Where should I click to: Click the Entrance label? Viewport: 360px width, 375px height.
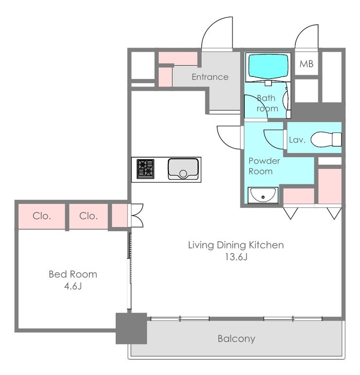coord(210,77)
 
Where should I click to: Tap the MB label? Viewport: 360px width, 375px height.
coord(306,64)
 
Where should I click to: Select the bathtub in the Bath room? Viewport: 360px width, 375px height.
coord(268,65)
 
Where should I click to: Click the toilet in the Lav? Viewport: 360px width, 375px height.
coord(326,139)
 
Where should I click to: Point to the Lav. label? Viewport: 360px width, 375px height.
coord(297,140)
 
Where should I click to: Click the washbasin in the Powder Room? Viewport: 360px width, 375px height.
coord(263,195)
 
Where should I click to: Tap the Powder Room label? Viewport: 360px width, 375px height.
coord(264,166)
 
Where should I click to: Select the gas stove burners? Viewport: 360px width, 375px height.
coord(145,169)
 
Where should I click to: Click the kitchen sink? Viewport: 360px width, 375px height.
coord(183,169)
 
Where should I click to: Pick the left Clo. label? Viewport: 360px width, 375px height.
coord(42,216)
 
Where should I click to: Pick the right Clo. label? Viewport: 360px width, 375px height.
coord(89,216)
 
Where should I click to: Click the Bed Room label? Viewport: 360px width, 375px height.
coord(73,274)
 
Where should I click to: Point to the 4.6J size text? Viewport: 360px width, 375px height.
coord(73,286)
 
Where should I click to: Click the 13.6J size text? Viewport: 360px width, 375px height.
coord(236,257)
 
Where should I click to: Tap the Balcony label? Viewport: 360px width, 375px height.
coord(236,338)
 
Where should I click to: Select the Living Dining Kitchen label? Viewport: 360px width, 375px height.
coord(236,245)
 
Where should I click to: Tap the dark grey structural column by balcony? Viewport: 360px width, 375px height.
coord(131,328)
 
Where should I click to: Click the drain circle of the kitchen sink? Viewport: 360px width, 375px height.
coord(183,174)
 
